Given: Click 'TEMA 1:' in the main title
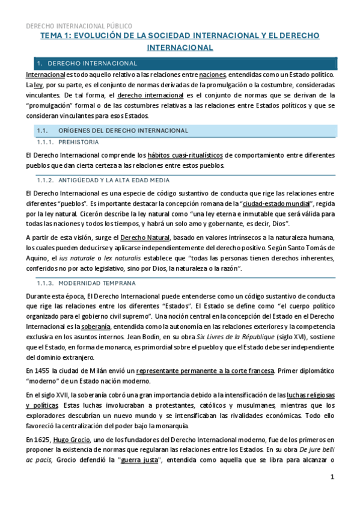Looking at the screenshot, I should (55, 36).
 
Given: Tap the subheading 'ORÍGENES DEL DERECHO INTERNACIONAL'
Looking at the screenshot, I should (123, 130).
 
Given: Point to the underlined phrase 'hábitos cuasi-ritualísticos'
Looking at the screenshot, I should (189, 155).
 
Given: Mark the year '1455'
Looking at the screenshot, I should (47, 371).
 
